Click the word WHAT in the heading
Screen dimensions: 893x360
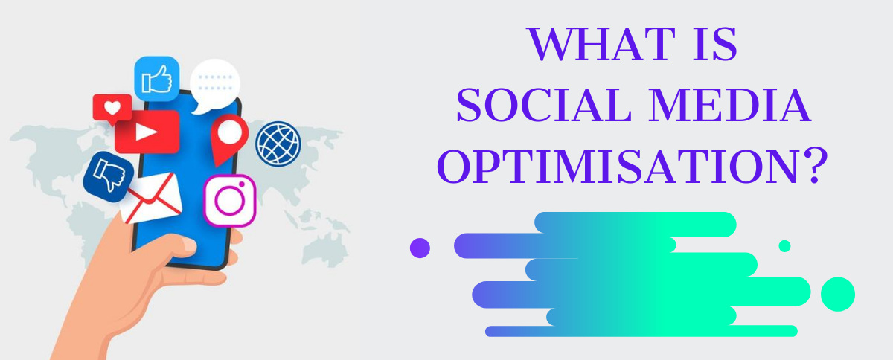601,44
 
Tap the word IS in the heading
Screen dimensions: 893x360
715,44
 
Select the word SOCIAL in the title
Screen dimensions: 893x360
544,106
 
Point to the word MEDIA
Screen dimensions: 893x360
730,106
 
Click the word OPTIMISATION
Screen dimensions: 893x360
617,166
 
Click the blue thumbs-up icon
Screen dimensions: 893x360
157,79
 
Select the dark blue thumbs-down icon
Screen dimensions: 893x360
109,176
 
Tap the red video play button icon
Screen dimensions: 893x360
147,132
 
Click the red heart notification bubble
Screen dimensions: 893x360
112,109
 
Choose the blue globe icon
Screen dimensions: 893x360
278,144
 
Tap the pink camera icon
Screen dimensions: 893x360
230,201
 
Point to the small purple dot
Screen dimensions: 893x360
420,248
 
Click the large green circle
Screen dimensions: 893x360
838,295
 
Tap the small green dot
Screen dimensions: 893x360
784,246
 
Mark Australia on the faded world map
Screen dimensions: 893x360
325,249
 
